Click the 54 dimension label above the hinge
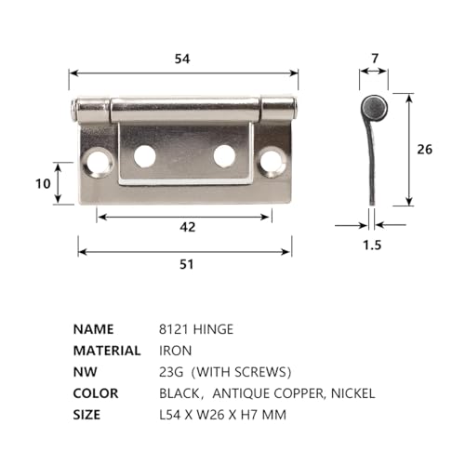[x=182, y=59]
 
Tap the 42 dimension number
[x=188, y=227]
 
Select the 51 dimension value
[x=186, y=264]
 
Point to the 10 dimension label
[x=43, y=184]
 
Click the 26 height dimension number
[x=424, y=150]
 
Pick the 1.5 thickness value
[x=372, y=246]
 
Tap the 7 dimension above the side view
[x=375, y=59]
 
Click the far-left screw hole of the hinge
[x=96, y=163]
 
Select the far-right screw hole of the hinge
[x=272, y=163]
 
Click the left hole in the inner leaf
[x=145, y=156]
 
